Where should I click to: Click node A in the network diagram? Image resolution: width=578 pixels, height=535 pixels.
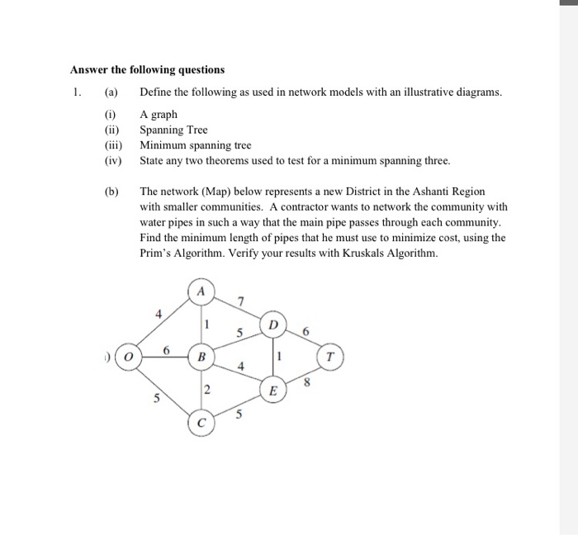coord(201,291)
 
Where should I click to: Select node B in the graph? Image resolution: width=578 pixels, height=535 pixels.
coord(201,357)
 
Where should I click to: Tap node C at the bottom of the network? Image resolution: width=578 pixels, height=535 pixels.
coord(201,424)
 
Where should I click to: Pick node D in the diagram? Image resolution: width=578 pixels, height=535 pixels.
coord(274,324)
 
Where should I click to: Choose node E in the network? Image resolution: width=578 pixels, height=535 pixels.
coord(274,391)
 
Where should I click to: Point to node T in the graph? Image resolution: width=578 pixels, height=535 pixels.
coord(330,357)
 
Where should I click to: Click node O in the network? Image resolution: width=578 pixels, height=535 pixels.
coord(129,357)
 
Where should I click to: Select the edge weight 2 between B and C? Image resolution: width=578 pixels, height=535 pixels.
coord(208,391)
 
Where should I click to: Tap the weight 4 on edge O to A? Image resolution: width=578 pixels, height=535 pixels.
coord(159,312)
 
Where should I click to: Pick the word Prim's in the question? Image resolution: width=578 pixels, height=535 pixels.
coord(157,253)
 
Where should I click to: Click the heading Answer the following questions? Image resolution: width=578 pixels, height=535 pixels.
coord(147,69)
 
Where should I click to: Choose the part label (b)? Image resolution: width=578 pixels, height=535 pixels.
coord(111,192)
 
